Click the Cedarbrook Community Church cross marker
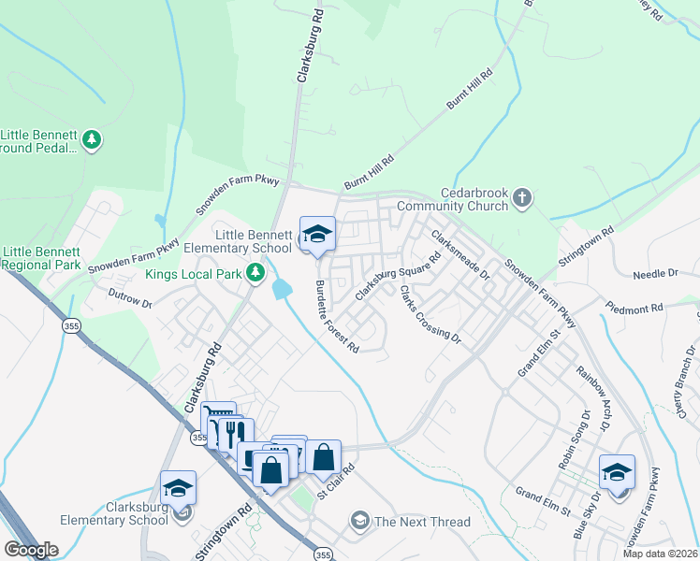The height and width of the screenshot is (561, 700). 522,197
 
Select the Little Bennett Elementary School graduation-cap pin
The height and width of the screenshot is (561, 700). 317,234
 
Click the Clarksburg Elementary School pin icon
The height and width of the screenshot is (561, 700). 178,488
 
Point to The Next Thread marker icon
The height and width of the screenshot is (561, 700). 359,521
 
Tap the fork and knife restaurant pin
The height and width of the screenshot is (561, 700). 236,434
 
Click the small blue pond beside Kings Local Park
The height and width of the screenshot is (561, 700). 280,289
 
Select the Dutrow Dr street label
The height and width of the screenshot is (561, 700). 130,303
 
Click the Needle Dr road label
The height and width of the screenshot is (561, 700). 654,274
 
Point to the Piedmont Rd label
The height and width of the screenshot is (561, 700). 634,307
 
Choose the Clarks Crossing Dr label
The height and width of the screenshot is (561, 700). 430,313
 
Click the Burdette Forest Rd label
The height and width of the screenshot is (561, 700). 336,317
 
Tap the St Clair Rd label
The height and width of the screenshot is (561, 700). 336,483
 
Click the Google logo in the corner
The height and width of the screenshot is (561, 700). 32,550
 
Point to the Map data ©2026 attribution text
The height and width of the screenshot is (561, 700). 660,554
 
